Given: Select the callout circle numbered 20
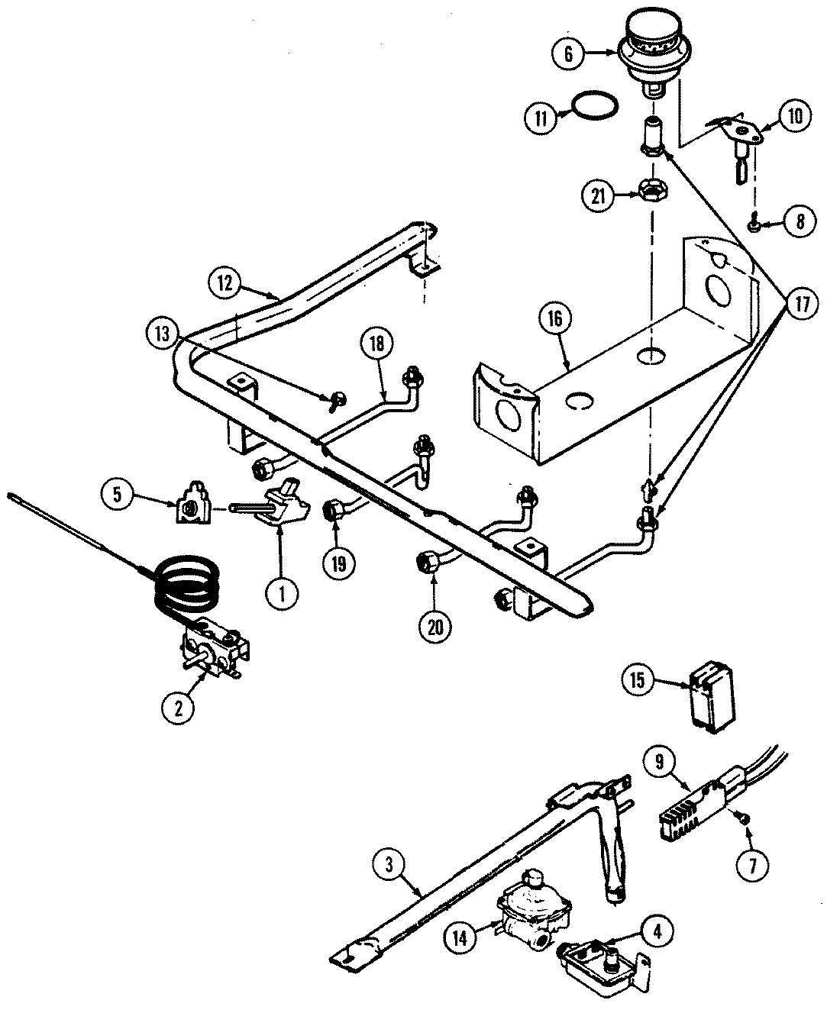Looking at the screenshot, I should (x=435, y=626).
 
